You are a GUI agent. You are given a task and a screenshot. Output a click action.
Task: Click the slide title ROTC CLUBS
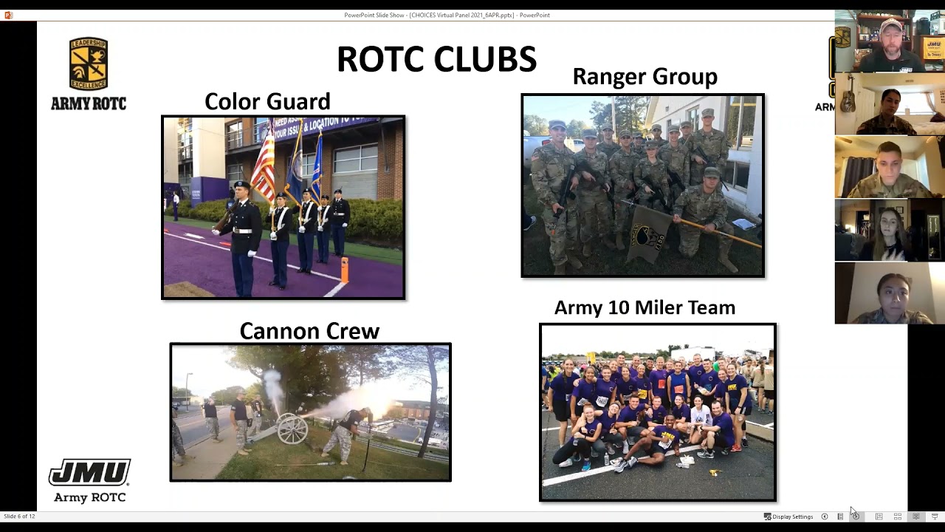(x=436, y=59)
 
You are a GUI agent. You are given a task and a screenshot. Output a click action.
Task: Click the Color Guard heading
(x=267, y=101)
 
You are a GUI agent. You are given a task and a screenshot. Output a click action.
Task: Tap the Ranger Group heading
(x=645, y=76)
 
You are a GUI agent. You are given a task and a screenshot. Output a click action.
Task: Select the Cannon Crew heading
(x=309, y=331)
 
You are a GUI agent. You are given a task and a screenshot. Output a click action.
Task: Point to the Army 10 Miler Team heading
(x=645, y=307)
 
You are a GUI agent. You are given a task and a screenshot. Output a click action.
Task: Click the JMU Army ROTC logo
(x=89, y=480)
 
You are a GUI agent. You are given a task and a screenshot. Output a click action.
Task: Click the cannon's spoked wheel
(x=292, y=429)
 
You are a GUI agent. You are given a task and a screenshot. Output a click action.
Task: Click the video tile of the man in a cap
(x=890, y=41)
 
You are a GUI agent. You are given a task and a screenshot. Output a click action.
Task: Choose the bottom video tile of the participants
(x=890, y=293)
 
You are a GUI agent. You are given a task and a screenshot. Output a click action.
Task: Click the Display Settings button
(x=788, y=516)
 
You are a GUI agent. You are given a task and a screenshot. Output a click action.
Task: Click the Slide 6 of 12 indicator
(x=19, y=516)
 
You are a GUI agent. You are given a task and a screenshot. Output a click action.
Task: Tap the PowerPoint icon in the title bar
(x=8, y=15)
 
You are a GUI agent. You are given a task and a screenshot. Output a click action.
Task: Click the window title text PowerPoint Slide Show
(x=447, y=15)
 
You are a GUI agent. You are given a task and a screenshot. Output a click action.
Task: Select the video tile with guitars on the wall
(x=890, y=104)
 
